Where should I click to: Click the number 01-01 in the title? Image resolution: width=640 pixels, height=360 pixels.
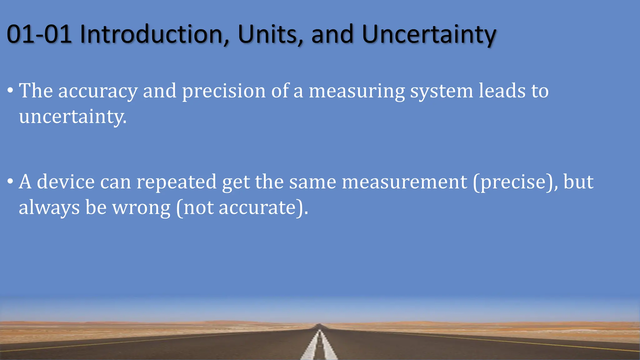(x=39, y=34)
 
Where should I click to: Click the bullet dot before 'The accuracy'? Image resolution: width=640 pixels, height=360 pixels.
(x=10, y=91)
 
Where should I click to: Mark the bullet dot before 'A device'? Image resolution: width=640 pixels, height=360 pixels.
(x=10, y=182)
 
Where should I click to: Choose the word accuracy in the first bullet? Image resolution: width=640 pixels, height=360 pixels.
(x=98, y=92)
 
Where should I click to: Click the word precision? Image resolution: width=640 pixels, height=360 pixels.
(x=224, y=92)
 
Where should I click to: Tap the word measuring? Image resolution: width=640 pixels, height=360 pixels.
(x=357, y=92)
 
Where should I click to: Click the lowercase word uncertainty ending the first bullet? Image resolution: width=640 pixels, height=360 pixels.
(x=72, y=117)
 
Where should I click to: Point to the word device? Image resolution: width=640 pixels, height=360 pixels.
(x=66, y=182)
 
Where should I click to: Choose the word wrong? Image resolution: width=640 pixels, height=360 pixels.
(x=141, y=208)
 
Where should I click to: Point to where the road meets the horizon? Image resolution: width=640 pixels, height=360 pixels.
(x=319, y=325)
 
